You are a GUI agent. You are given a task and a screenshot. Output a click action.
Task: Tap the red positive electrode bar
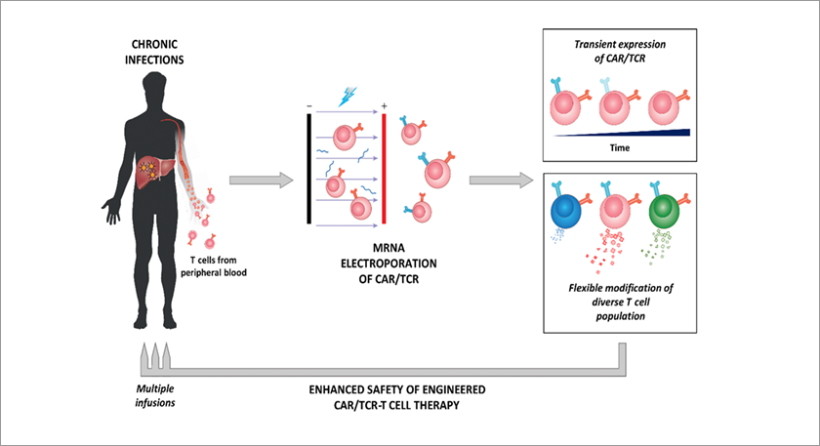coord(385,170)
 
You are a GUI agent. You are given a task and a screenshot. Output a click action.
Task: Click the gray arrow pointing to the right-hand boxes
coord(501,180)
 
